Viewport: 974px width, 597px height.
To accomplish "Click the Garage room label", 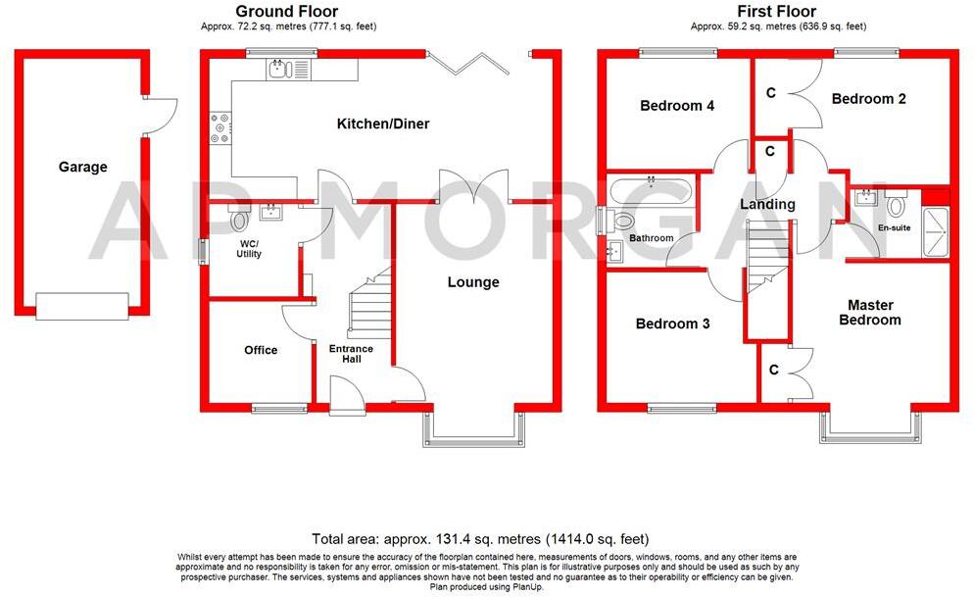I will pyautogui.click(x=82, y=168).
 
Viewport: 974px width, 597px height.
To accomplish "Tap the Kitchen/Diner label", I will pyautogui.click(x=383, y=124).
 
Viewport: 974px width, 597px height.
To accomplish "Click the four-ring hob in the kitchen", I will pyautogui.click(x=219, y=128).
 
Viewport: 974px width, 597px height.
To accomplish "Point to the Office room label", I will pyautogui.click(x=261, y=350).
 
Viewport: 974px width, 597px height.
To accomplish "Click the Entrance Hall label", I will pyautogui.click(x=351, y=354).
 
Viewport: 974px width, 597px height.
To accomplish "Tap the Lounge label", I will pyautogui.click(x=473, y=282).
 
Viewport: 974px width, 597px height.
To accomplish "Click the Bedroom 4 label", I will pyautogui.click(x=677, y=106).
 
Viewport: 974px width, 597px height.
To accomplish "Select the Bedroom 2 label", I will pyautogui.click(x=868, y=99).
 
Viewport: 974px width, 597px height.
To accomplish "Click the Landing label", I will pyautogui.click(x=767, y=205).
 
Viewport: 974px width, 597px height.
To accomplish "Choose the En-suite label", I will pyautogui.click(x=893, y=228).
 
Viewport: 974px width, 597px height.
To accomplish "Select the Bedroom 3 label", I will pyautogui.click(x=672, y=323).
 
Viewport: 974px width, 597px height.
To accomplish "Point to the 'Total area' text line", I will pyautogui.click(x=480, y=539).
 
